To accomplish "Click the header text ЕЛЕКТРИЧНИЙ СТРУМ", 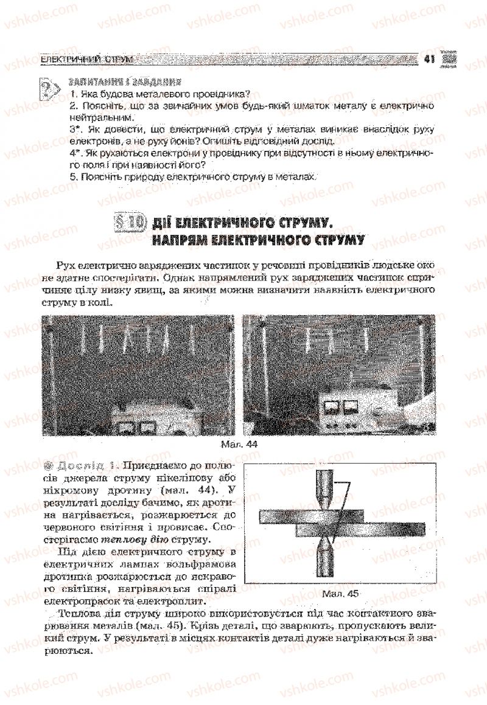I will pyautogui.click(x=86, y=59).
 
